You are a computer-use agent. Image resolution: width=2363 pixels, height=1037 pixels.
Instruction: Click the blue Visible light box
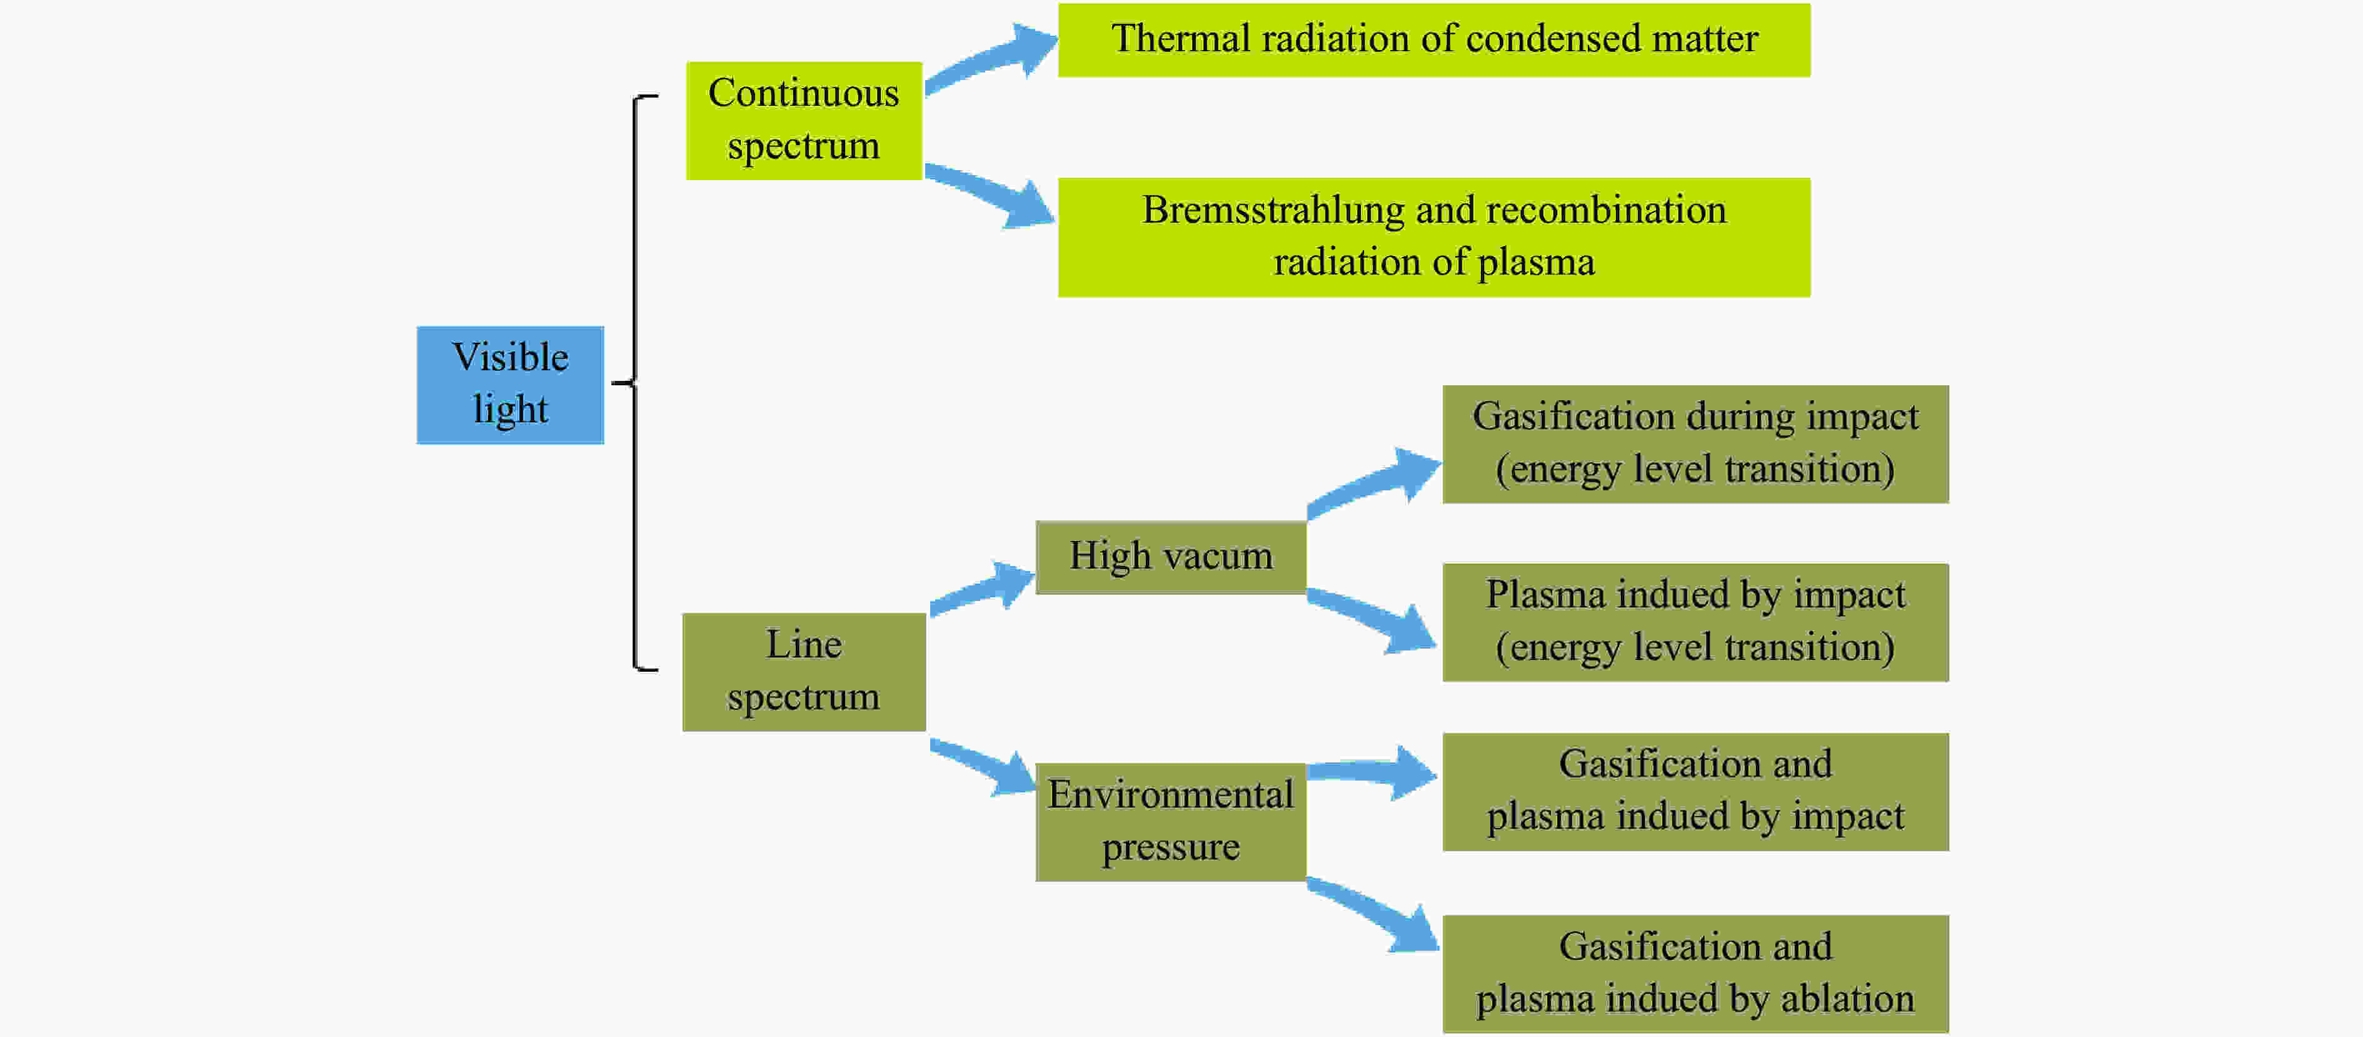tap(510, 385)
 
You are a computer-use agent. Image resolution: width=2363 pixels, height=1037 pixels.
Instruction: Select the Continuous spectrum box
tap(803, 120)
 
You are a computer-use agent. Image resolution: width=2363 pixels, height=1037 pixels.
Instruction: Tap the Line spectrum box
tap(803, 672)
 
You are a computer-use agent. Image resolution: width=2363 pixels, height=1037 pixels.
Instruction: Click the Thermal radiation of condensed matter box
tap(1434, 39)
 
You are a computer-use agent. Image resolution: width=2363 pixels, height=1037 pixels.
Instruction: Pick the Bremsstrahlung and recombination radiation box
tap(1434, 237)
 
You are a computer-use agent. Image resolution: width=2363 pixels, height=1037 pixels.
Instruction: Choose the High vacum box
tap(1170, 557)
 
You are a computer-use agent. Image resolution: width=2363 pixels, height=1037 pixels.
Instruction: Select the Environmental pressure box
tap(1170, 821)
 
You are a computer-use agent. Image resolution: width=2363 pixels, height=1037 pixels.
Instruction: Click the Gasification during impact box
tap(1695, 443)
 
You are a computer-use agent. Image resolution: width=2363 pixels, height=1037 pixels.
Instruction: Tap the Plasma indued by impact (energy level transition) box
tap(1695, 622)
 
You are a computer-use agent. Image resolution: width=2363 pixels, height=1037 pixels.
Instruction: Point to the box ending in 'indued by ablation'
tap(1695, 974)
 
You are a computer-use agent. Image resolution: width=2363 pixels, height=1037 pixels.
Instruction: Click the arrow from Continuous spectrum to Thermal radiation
tap(991, 59)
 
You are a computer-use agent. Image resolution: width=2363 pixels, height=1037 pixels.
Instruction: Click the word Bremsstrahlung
tap(1273, 210)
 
